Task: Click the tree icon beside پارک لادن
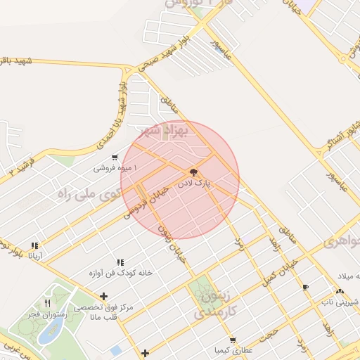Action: pos(193,172)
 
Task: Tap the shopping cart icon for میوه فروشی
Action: pos(115,158)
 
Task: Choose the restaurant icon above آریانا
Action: pos(34,245)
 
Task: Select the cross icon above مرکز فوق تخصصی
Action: pos(104,296)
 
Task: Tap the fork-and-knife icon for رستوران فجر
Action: pos(47,303)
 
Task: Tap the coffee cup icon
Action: pos(305,287)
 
